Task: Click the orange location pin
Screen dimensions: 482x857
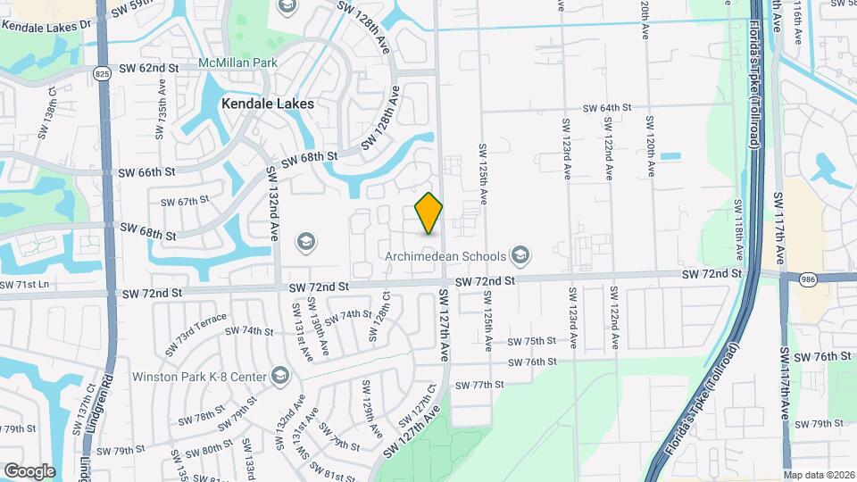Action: [429, 212]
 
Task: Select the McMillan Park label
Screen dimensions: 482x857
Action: [238, 63]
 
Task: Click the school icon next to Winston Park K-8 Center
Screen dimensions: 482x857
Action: [280, 375]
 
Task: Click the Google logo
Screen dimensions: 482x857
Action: [29, 470]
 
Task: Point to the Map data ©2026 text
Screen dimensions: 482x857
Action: [819, 475]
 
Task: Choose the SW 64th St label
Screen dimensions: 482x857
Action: [607, 108]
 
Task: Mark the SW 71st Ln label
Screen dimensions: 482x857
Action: [24, 285]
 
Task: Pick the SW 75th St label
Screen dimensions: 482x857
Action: [531, 342]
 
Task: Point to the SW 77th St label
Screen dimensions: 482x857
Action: [479, 385]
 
